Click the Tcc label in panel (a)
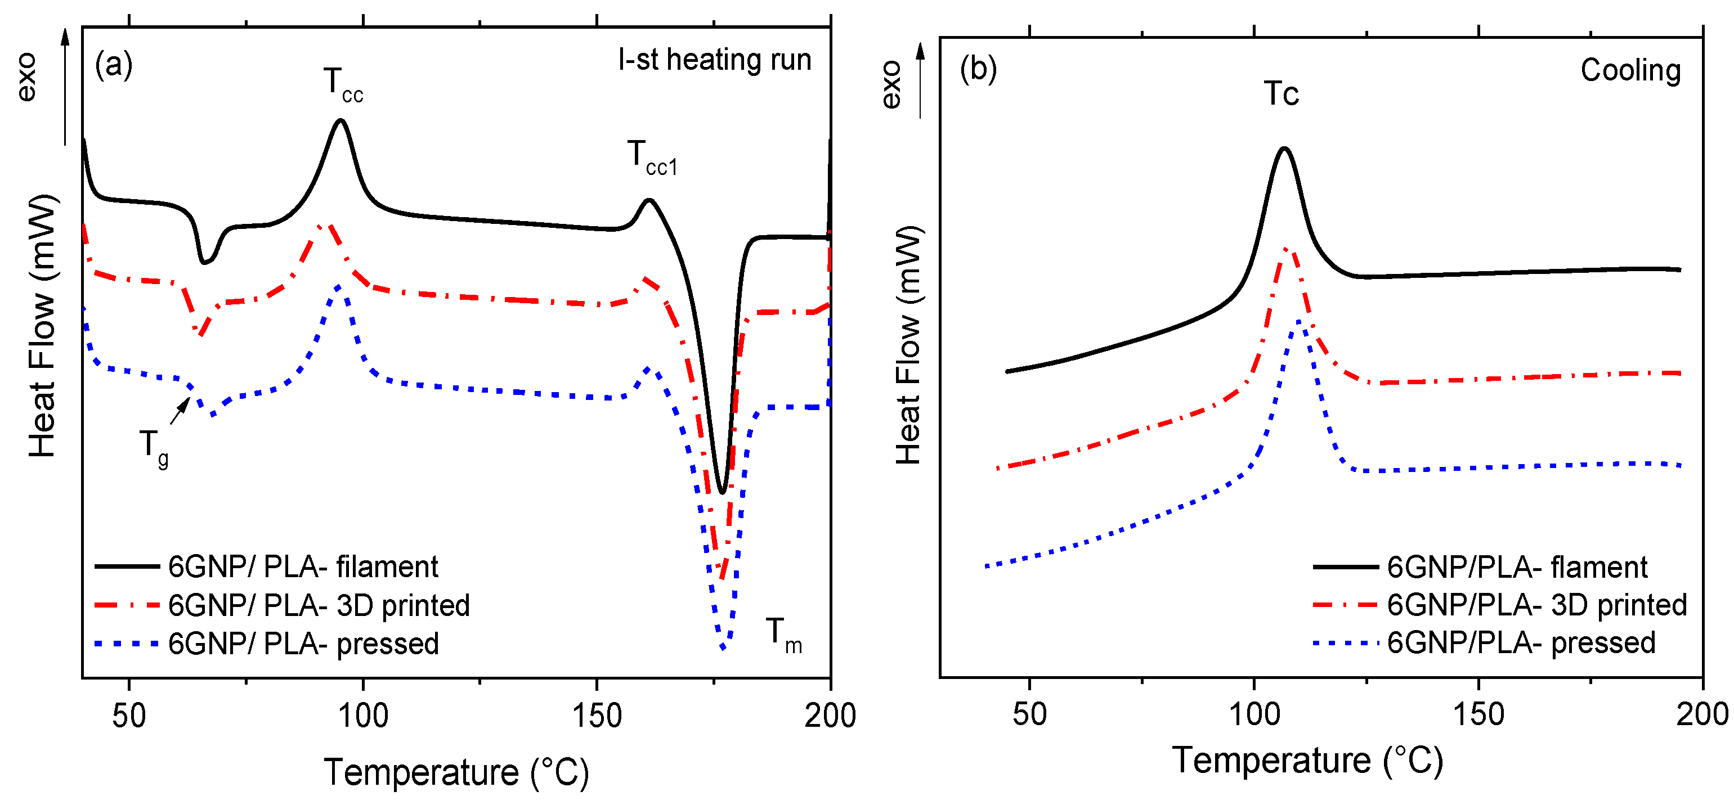(x=342, y=86)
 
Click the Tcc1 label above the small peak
(x=651, y=158)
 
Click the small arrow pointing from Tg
(x=179, y=410)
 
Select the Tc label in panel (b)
(x=1280, y=93)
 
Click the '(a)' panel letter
(x=114, y=65)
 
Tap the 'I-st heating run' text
(x=714, y=60)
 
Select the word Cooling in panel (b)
(x=1630, y=70)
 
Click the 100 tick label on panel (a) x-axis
(x=363, y=716)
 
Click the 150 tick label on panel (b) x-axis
(x=1478, y=713)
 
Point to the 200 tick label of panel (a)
(x=830, y=716)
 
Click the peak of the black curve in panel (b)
(x=1284, y=148)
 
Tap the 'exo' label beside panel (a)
(x=27, y=78)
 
